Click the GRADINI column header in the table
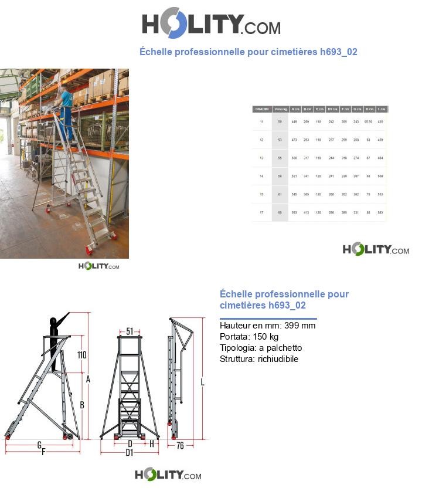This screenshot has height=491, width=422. (261, 109)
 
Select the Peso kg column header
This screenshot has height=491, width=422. (280, 109)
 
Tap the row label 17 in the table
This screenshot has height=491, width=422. (261, 212)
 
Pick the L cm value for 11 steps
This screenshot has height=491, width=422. (381, 121)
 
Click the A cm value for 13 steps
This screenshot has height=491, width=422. (295, 158)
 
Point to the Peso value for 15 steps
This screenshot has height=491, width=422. (280, 194)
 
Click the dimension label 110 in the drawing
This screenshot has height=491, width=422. (82, 355)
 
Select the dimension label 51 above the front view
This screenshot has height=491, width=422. (130, 331)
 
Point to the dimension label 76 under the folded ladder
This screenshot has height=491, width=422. (180, 446)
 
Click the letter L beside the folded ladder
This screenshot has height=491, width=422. (202, 382)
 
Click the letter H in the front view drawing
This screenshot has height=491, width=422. (152, 444)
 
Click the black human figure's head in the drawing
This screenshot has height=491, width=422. (54, 321)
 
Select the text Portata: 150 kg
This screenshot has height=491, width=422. (249, 337)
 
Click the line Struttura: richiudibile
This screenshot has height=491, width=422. (259, 359)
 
